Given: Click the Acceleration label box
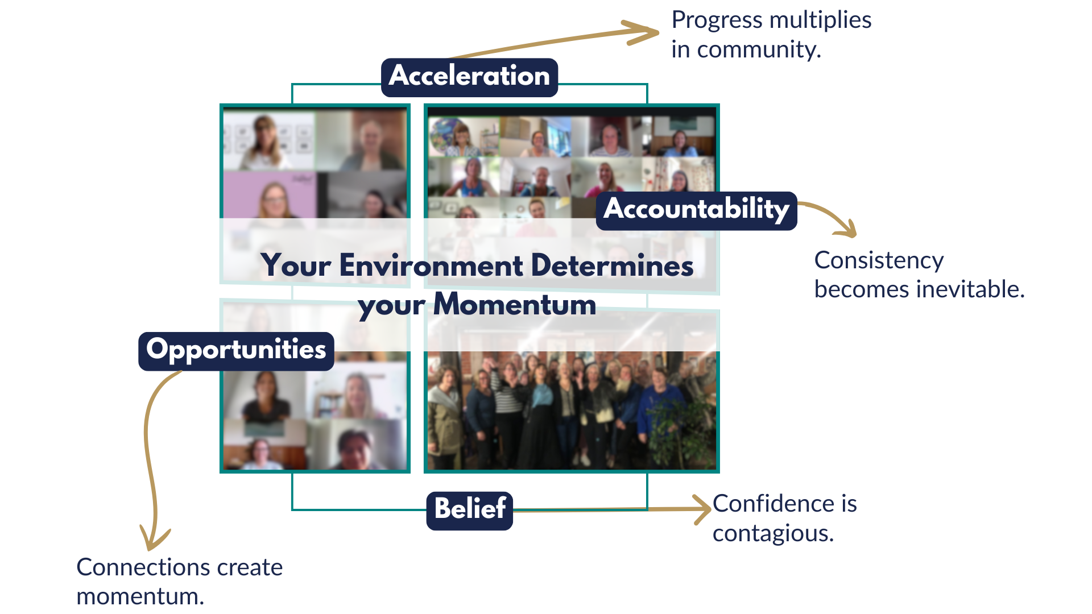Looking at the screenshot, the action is pos(469,77).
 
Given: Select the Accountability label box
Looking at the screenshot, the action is pos(696,210).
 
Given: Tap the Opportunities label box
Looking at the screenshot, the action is pos(236,351).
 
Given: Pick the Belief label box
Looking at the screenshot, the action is pos(470,511).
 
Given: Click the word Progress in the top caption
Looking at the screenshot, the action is pos(717,20).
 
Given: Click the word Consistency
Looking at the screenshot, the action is pos(879,260).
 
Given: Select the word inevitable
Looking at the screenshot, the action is pos(973,289).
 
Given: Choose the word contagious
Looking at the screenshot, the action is pos(773,534).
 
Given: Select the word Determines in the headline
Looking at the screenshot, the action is pos(612,265).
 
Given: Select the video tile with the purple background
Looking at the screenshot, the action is pos(270,195).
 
